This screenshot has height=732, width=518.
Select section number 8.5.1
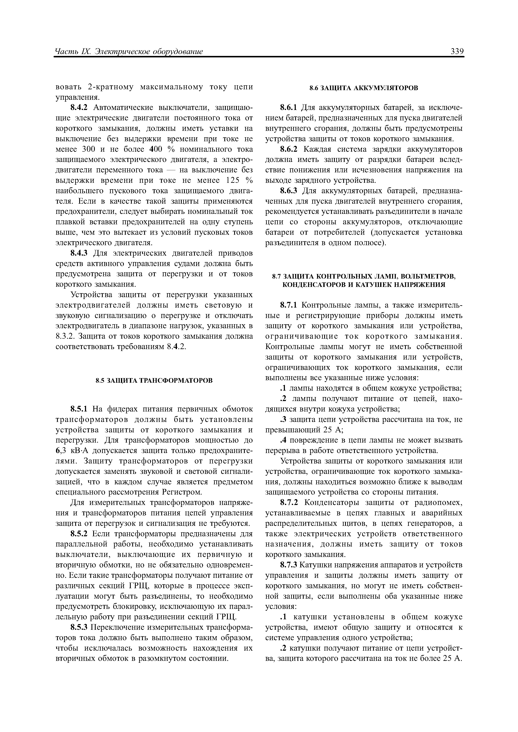[x=80, y=409]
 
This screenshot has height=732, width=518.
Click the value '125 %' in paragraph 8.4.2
[x=239, y=180]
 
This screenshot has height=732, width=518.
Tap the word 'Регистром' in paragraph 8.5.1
[x=182, y=492]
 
